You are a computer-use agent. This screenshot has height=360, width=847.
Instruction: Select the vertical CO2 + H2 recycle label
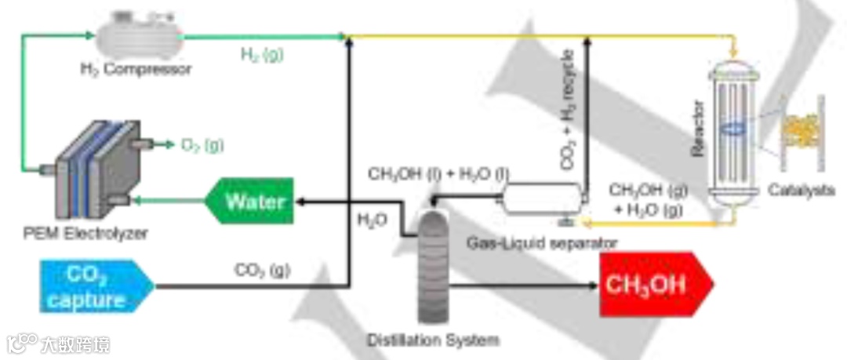point(568,110)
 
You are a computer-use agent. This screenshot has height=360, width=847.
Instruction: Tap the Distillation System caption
point(432,340)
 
